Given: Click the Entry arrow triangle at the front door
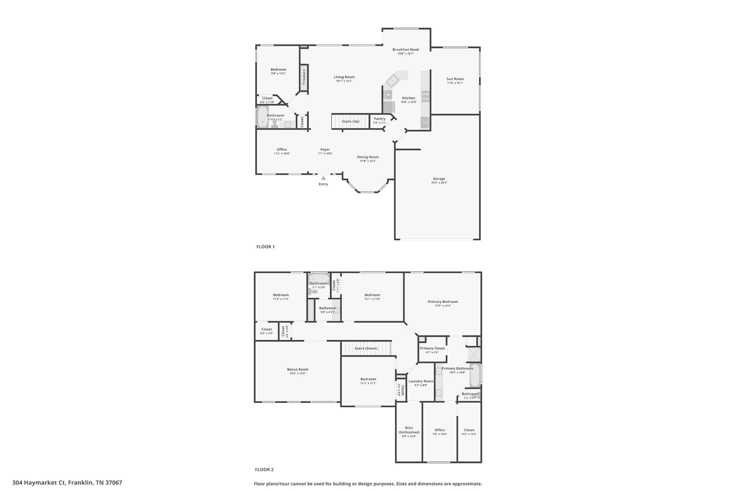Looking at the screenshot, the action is pyautogui.click(x=323, y=178).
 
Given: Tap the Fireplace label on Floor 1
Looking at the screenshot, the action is pyautogui.click(x=304, y=77).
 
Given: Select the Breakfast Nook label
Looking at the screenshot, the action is pyautogui.click(x=406, y=50).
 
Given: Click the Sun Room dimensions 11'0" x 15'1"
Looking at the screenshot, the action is pyautogui.click(x=455, y=83).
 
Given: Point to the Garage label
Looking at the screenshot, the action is pyautogui.click(x=439, y=179).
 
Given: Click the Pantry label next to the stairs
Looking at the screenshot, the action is pyautogui.click(x=379, y=119).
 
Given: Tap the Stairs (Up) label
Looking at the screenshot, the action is pyautogui.click(x=350, y=121).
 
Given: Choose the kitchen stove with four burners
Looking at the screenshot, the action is pyautogui.click(x=425, y=96).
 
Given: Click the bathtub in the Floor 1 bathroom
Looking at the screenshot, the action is pyautogui.click(x=263, y=117).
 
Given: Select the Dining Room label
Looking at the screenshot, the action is pyautogui.click(x=368, y=157).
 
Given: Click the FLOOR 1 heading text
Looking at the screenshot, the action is pyautogui.click(x=265, y=247).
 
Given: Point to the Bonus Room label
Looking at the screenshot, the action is pyautogui.click(x=298, y=369).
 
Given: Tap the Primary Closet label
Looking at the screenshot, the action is pyautogui.click(x=432, y=348).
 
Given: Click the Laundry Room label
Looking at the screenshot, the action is pyautogui.click(x=421, y=381).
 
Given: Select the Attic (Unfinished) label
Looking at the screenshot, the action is pyautogui.click(x=409, y=430).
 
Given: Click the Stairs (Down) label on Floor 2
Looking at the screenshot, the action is pyautogui.click(x=366, y=348).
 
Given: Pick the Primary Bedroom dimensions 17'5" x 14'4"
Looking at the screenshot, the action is pyautogui.click(x=443, y=306).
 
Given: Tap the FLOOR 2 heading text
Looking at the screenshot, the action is pyautogui.click(x=264, y=469).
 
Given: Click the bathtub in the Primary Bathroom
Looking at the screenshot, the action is pyautogui.click(x=475, y=376).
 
